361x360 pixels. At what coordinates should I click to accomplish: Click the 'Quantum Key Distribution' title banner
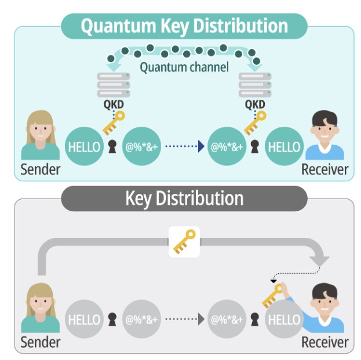point(184,26)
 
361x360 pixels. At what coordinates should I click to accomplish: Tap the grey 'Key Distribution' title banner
point(184,199)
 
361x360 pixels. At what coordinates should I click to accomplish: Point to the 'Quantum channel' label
point(184,67)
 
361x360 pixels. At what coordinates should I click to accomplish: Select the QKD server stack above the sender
point(114,85)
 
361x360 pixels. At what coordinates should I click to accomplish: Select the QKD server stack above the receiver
point(255,85)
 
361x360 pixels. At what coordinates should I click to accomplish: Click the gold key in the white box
point(184,241)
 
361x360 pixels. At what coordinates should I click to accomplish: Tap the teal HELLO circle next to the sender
point(85,146)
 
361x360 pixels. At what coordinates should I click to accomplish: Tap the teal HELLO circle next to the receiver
point(283,146)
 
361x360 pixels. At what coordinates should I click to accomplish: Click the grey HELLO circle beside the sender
point(85,318)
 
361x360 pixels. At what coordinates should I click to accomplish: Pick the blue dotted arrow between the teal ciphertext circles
point(184,146)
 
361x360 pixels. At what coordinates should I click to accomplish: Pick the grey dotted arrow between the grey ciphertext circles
point(184,318)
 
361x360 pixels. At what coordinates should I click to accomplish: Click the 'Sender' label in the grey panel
point(41,343)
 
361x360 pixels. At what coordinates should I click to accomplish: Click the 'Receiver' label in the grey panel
point(325,343)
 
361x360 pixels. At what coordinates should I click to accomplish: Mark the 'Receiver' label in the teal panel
point(325,170)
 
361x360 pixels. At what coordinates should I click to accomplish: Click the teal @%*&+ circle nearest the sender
point(141,146)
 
